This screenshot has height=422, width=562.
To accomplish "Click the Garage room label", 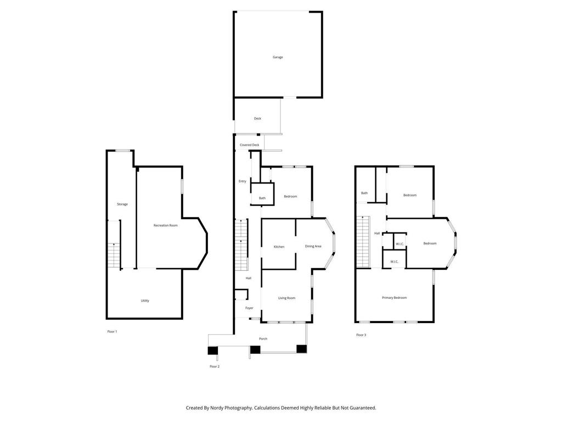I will pos(278,57).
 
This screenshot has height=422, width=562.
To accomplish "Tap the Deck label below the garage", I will pos(257,119).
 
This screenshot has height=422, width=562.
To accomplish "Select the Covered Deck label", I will pos(249,145).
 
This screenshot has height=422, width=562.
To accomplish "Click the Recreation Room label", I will pos(165,225).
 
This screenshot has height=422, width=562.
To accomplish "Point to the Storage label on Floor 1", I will pos(122,204).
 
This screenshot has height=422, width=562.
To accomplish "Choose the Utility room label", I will pos(145,301).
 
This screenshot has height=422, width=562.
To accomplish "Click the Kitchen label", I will pos(279,247).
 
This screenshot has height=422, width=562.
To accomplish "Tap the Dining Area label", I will pos(313,246).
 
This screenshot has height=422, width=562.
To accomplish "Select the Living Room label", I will pos(286,298).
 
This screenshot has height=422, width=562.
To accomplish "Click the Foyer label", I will pos(249,308).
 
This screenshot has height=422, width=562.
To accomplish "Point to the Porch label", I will pos(263,338).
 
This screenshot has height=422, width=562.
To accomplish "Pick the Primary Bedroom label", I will pos(394,298).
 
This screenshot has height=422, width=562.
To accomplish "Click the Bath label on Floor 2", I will pos(262,198).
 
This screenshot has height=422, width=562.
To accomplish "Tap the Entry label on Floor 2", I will pos(242,181).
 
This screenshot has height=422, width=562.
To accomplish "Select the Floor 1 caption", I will pos(112,331).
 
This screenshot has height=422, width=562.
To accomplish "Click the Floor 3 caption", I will pos(361,335).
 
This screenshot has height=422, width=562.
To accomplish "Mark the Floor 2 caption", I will pos(214,366).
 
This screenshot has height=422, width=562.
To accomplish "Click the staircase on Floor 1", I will pos(113,256).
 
